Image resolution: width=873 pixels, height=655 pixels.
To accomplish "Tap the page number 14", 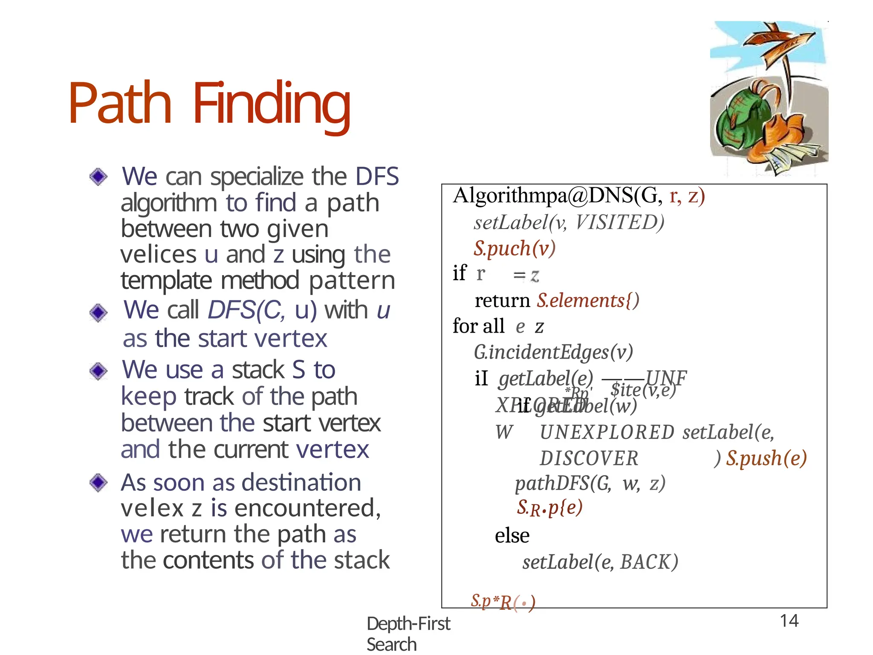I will click(789, 621).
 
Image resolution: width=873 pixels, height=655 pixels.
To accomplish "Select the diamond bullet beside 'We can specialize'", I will click(98, 177).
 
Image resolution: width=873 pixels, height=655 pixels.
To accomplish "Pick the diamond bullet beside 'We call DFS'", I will click(98, 313).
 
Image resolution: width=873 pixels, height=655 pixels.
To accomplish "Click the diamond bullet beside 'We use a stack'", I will click(98, 371).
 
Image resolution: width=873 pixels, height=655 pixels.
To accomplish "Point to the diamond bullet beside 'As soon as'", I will click(98, 483).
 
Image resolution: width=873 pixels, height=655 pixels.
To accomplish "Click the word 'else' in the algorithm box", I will click(512, 536).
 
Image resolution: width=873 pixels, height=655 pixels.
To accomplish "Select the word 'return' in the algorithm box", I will click(502, 301).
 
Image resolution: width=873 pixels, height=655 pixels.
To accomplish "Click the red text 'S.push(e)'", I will click(766, 458).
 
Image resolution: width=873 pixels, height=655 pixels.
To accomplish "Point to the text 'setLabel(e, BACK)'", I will click(600, 562).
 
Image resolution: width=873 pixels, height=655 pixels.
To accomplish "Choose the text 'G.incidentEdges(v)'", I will click(553, 352).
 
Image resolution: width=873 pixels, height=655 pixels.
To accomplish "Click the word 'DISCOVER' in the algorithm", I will click(589, 459).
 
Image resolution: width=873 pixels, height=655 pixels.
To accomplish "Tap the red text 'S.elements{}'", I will click(588, 301).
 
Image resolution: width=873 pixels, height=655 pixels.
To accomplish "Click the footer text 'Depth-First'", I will click(408, 624).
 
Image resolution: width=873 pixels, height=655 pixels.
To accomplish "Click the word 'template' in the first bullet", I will click(166, 281).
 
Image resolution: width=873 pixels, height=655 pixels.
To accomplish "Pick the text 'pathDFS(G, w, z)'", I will click(590, 484).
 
